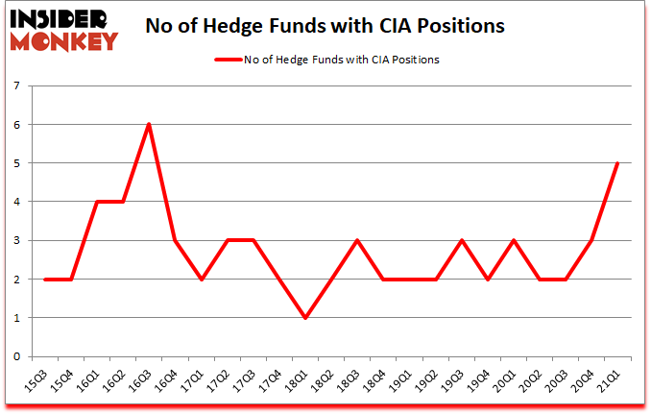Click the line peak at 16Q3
pyautogui.click(x=148, y=124)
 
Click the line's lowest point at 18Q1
pyautogui.click(x=304, y=317)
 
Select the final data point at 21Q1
pyautogui.click(x=617, y=163)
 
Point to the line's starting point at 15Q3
pyautogui.click(x=44, y=279)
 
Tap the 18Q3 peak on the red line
pyautogui.click(x=357, y=240)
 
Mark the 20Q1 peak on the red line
pyautogui.click(x=514, y=240)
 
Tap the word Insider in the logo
pyautogui.click(x=60, y=16)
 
